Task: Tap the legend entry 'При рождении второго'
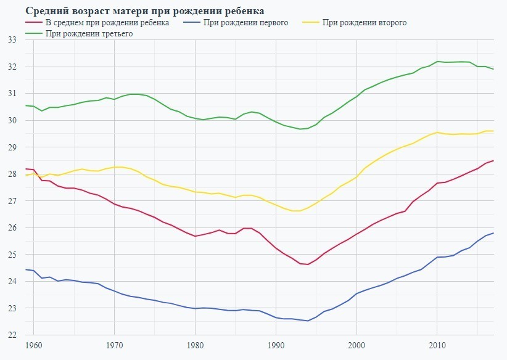[x=364, y=23]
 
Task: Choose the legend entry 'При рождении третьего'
[x=89, y=34]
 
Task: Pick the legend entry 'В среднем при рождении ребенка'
[x=108, y=23]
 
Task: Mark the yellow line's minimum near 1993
[x=296, y=211]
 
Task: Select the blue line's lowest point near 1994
[x=308, y=321]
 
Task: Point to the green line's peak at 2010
[x=437, y=62]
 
